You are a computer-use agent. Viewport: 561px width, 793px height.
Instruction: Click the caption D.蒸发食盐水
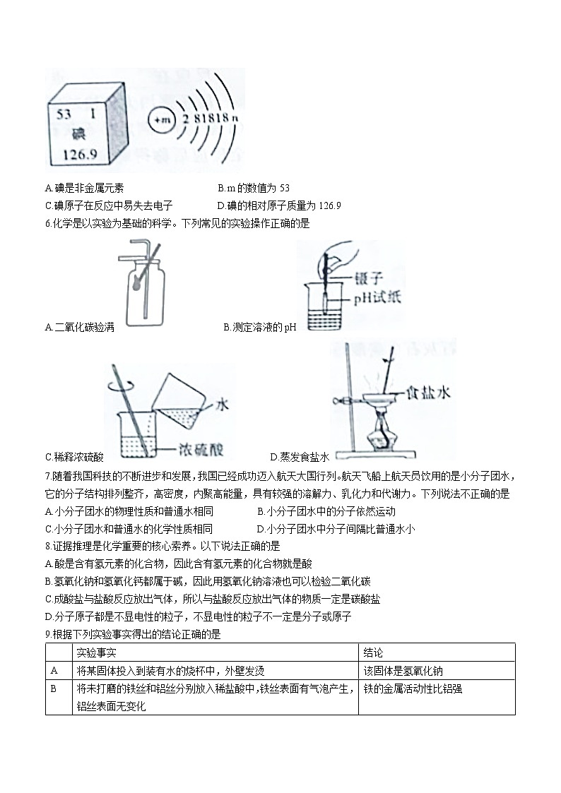(x=300, y=457)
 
